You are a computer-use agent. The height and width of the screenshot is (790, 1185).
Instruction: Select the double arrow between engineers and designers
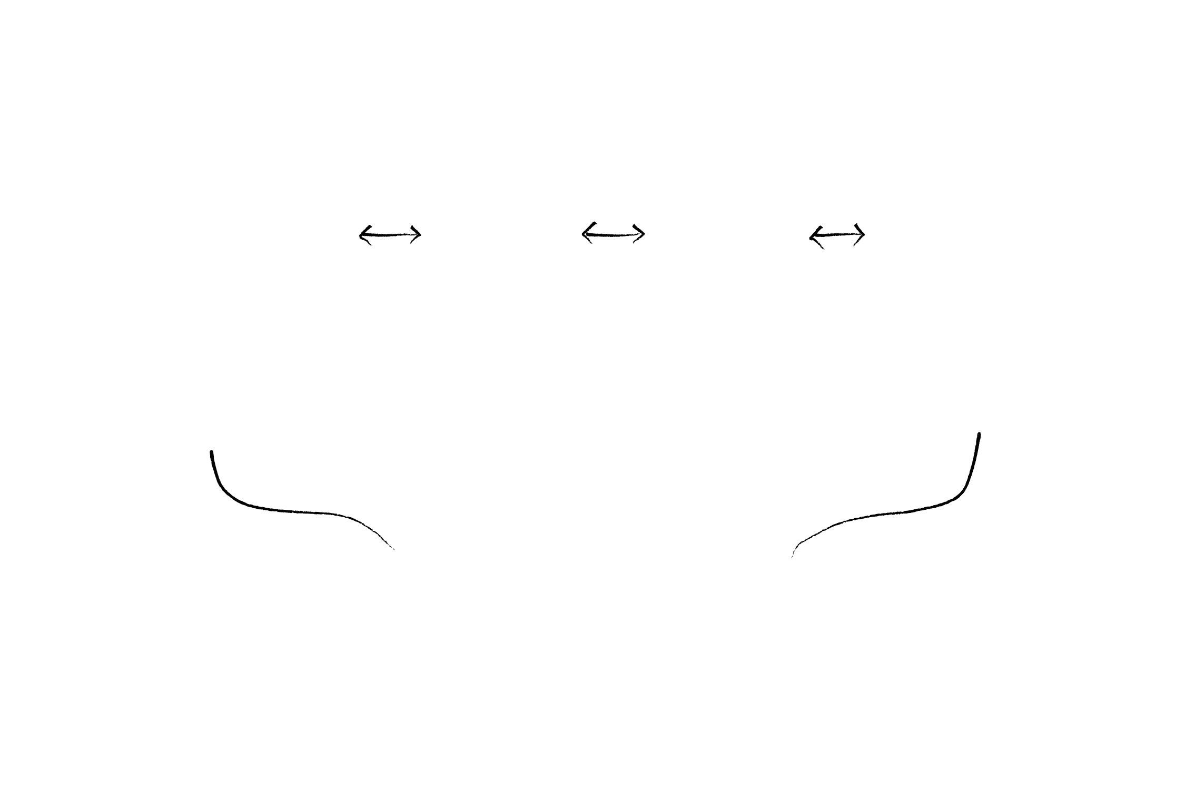[x=390, y=234]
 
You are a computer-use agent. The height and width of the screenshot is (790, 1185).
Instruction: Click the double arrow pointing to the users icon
[x=837, y=235]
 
